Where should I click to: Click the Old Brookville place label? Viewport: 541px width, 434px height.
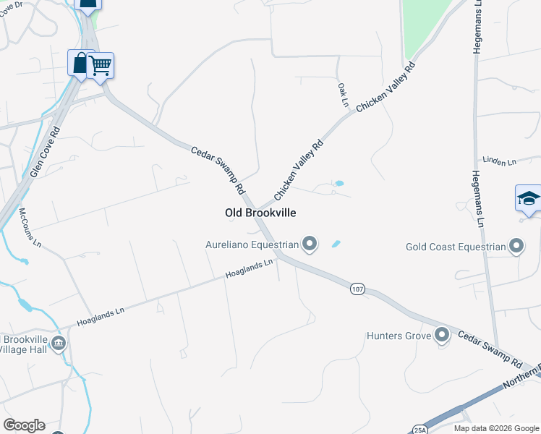260,213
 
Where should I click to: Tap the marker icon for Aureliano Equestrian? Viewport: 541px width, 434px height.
310,244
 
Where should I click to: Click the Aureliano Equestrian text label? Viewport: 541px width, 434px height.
252,244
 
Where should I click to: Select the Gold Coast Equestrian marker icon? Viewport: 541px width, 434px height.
516,247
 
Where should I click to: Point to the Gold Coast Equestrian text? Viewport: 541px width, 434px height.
456,247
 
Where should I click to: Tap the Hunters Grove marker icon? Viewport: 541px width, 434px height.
443,335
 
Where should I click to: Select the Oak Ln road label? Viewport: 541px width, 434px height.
343,95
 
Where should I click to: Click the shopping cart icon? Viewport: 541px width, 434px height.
101,65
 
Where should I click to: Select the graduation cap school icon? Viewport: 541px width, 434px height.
529,198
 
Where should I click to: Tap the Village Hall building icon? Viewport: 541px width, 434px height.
59,343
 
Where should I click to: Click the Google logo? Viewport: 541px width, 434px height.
24,425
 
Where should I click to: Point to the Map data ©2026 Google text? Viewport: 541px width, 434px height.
496,428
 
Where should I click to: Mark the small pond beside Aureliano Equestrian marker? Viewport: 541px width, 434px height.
336,244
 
